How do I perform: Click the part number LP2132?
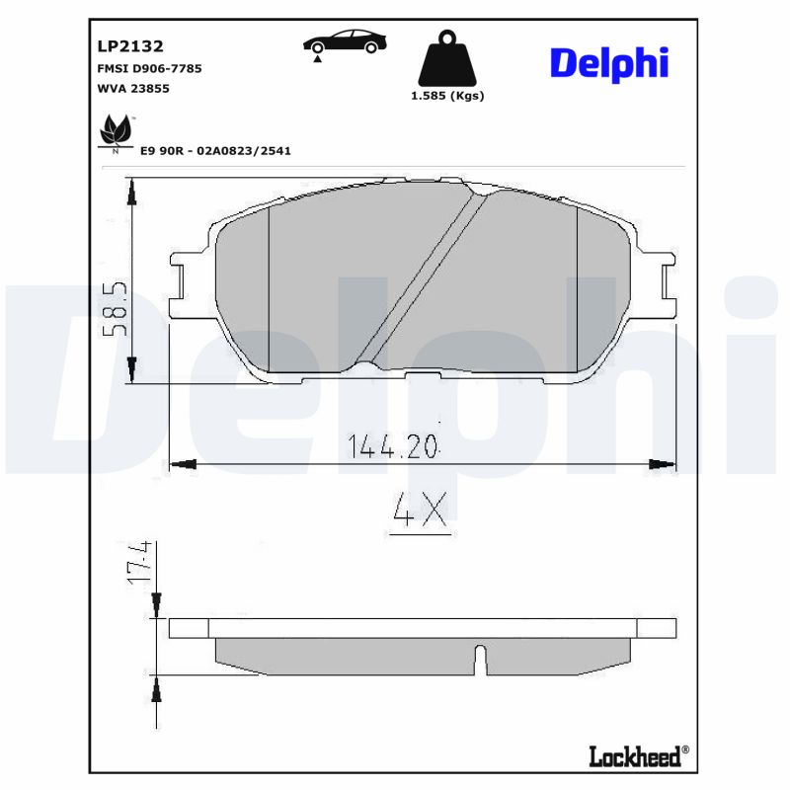tap(130, 45)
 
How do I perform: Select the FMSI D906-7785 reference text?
tap(149, 69)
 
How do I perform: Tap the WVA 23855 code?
tap(134, 89)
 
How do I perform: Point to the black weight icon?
tap(446, 61)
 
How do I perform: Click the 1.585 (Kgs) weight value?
tap(446, 96)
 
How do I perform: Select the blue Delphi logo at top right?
tap(608, 62)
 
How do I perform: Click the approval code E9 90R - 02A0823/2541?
tap(215, 151)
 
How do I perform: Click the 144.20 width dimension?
tap(392, 446)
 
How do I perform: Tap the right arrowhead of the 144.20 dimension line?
tap(667, 463)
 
